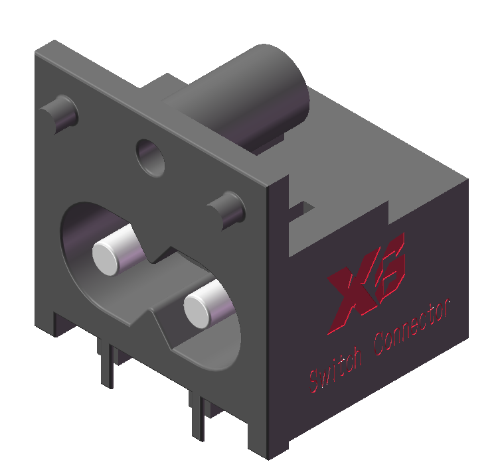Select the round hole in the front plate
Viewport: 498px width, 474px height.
151,156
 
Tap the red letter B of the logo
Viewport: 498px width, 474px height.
388,272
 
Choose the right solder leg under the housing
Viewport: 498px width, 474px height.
198,414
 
